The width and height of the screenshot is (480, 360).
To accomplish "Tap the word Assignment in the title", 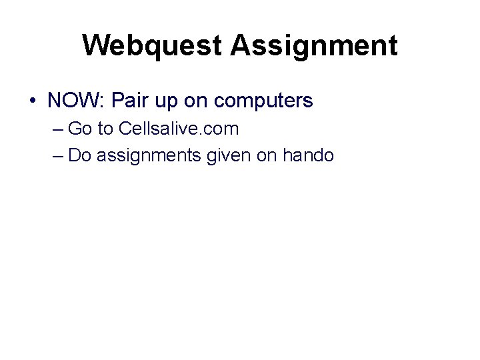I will click(314, 46).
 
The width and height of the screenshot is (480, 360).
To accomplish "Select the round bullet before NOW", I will click(33, 102).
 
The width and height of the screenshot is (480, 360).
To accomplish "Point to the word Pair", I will click(129, 101).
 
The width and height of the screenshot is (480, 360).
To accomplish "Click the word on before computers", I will click(198, 102).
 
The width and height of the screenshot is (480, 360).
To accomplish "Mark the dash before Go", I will click(56, 129).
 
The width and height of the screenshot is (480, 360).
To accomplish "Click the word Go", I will click(80, 128).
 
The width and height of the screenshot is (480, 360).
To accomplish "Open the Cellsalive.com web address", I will click(177, 128).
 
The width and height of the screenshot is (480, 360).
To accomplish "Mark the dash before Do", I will click(56, 156).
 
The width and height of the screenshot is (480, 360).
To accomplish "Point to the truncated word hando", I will click(308, 155).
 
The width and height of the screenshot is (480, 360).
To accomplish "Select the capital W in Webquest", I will click(95, 46).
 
